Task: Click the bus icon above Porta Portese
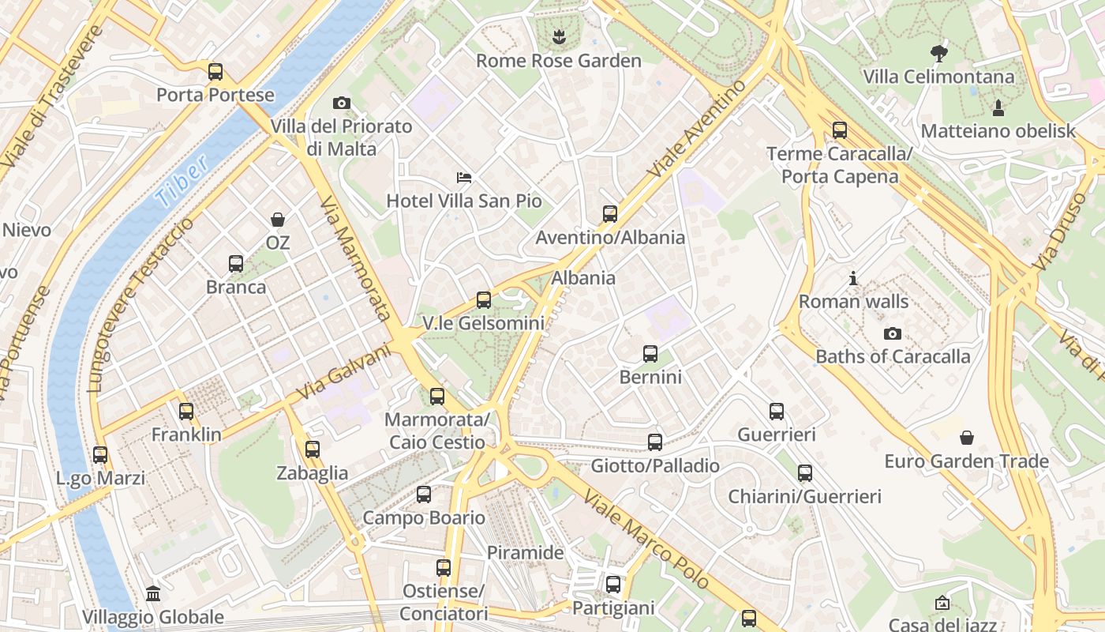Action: point(215,72)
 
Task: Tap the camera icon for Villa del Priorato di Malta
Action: point(342,103)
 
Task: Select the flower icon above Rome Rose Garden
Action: point(559,36)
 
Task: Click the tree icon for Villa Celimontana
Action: point(938,54)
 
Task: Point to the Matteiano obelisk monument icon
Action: point(998,107)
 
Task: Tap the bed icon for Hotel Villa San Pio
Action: point(464,177)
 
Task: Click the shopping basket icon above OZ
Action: point(278,219)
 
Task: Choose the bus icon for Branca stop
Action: point(236,263)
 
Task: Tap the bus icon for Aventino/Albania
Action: point(610,213)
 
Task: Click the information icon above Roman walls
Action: point(853,278)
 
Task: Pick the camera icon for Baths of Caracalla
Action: point(893,333)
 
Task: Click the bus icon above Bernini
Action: point(650,353)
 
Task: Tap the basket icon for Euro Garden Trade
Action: point(966,438)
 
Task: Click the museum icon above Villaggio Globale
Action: point(153,593)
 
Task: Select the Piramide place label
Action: point(525,552)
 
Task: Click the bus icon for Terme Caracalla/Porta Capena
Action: point(840,130)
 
